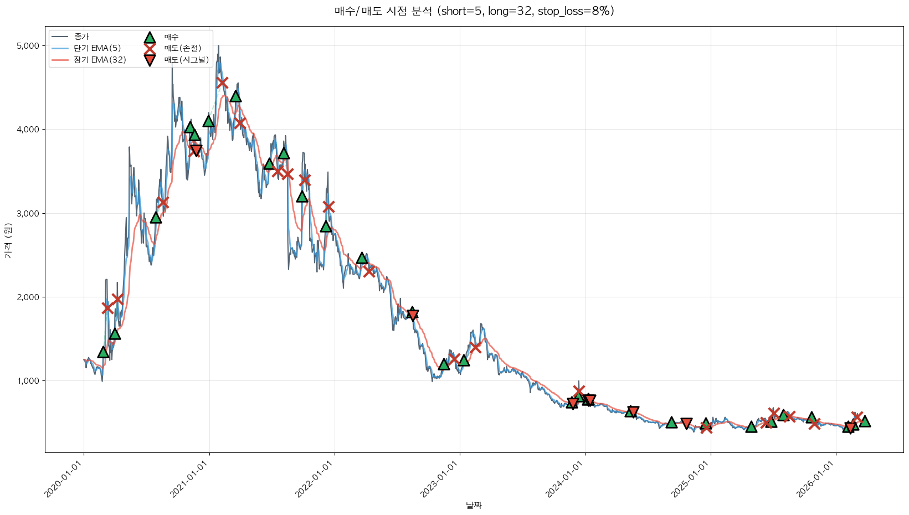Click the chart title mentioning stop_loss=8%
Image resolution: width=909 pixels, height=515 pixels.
pyautogui.click(x=474, y=11)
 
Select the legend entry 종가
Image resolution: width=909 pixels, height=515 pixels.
pyautogui.click(x=81, y=37)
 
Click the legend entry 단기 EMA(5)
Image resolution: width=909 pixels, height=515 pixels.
pyautogui.click(x=97, y=48)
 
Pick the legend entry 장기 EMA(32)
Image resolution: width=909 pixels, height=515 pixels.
pyautogui.click(x=100, y=60)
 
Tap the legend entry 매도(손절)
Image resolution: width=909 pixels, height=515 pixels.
pyautogui.click(x=182, y=48)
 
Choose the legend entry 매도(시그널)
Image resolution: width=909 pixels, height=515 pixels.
pyautogui.click(x=186, y=60)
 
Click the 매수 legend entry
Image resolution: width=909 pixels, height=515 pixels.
pyautogui.click(x=171, y=37)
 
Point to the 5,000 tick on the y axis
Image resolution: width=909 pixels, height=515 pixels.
pyautogui.click(x=28, y=46)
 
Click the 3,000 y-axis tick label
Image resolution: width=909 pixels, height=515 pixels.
pyautogui.click(x=28, y=214)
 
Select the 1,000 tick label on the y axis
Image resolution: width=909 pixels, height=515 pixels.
pyautogui.click(x=28, y=381)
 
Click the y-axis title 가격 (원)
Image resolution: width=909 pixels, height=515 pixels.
pyautogui.click(x=8, y=241)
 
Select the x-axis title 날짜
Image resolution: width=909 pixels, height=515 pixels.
pyautogui.click(x=474, y=505)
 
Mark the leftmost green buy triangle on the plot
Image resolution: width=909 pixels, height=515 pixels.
pyautogui.click(x=103, y=352)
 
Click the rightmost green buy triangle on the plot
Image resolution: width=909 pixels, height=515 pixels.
pyautogui.click(x=865, y=421)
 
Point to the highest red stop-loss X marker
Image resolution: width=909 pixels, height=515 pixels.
pyautogui.click(x=222, y=83)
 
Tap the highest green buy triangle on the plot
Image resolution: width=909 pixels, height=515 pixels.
pyautogui.click(x=235, y=96)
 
